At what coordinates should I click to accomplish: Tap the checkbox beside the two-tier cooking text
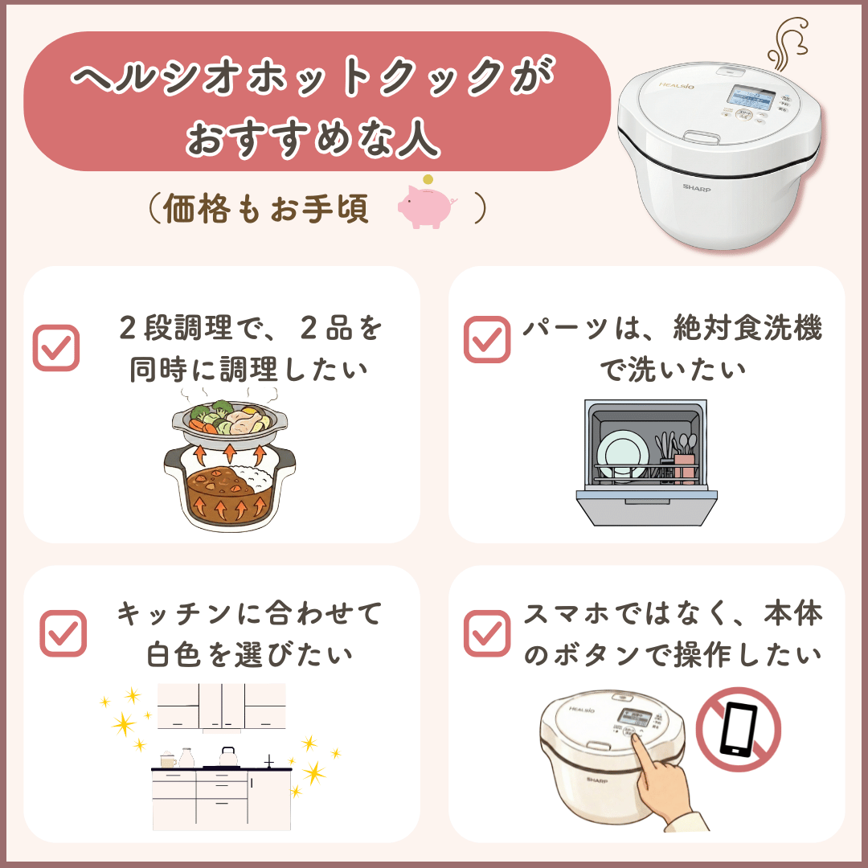tap(55, 347)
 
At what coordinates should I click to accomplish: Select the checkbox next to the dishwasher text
tap(487, 339)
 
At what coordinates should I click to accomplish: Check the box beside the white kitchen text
tap(63, 633)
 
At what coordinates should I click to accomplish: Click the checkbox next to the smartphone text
tap(487, 633)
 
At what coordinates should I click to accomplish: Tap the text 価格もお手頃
tap(266, 209)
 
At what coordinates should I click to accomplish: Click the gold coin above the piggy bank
tap(428, 179)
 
